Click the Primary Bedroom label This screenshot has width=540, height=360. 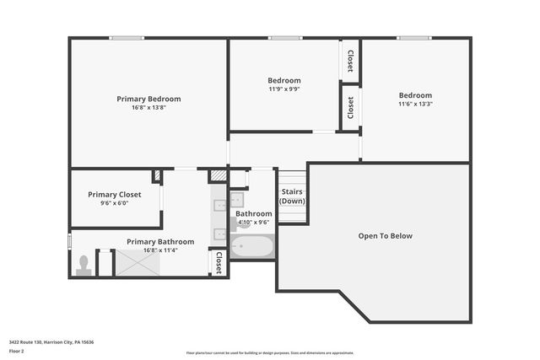coord(148,99)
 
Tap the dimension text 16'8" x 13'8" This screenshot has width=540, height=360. coord(148,108)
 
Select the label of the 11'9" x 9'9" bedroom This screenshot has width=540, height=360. coord(284,81)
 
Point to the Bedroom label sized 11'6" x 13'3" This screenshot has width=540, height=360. coord(415,95)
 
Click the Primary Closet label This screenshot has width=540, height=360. coord(115,194)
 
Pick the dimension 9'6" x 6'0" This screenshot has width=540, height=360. coord(115,203)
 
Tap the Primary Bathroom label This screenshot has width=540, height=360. coord(160,242)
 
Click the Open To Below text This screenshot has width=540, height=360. coord(385,236)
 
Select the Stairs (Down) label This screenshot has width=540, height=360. coord(292,196)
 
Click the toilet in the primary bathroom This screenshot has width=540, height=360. coord(83,266)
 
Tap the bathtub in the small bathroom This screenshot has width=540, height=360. coord(252,248)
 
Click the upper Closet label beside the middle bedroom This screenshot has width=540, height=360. coord(350,61)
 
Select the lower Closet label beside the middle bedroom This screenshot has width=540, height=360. coord(350,107)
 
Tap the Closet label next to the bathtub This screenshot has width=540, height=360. coord(219,262)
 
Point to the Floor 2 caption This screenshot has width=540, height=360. coord(17,351)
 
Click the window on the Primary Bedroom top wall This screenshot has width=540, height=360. coord(126,38)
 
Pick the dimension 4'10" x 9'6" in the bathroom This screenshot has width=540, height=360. coord(253,223)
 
